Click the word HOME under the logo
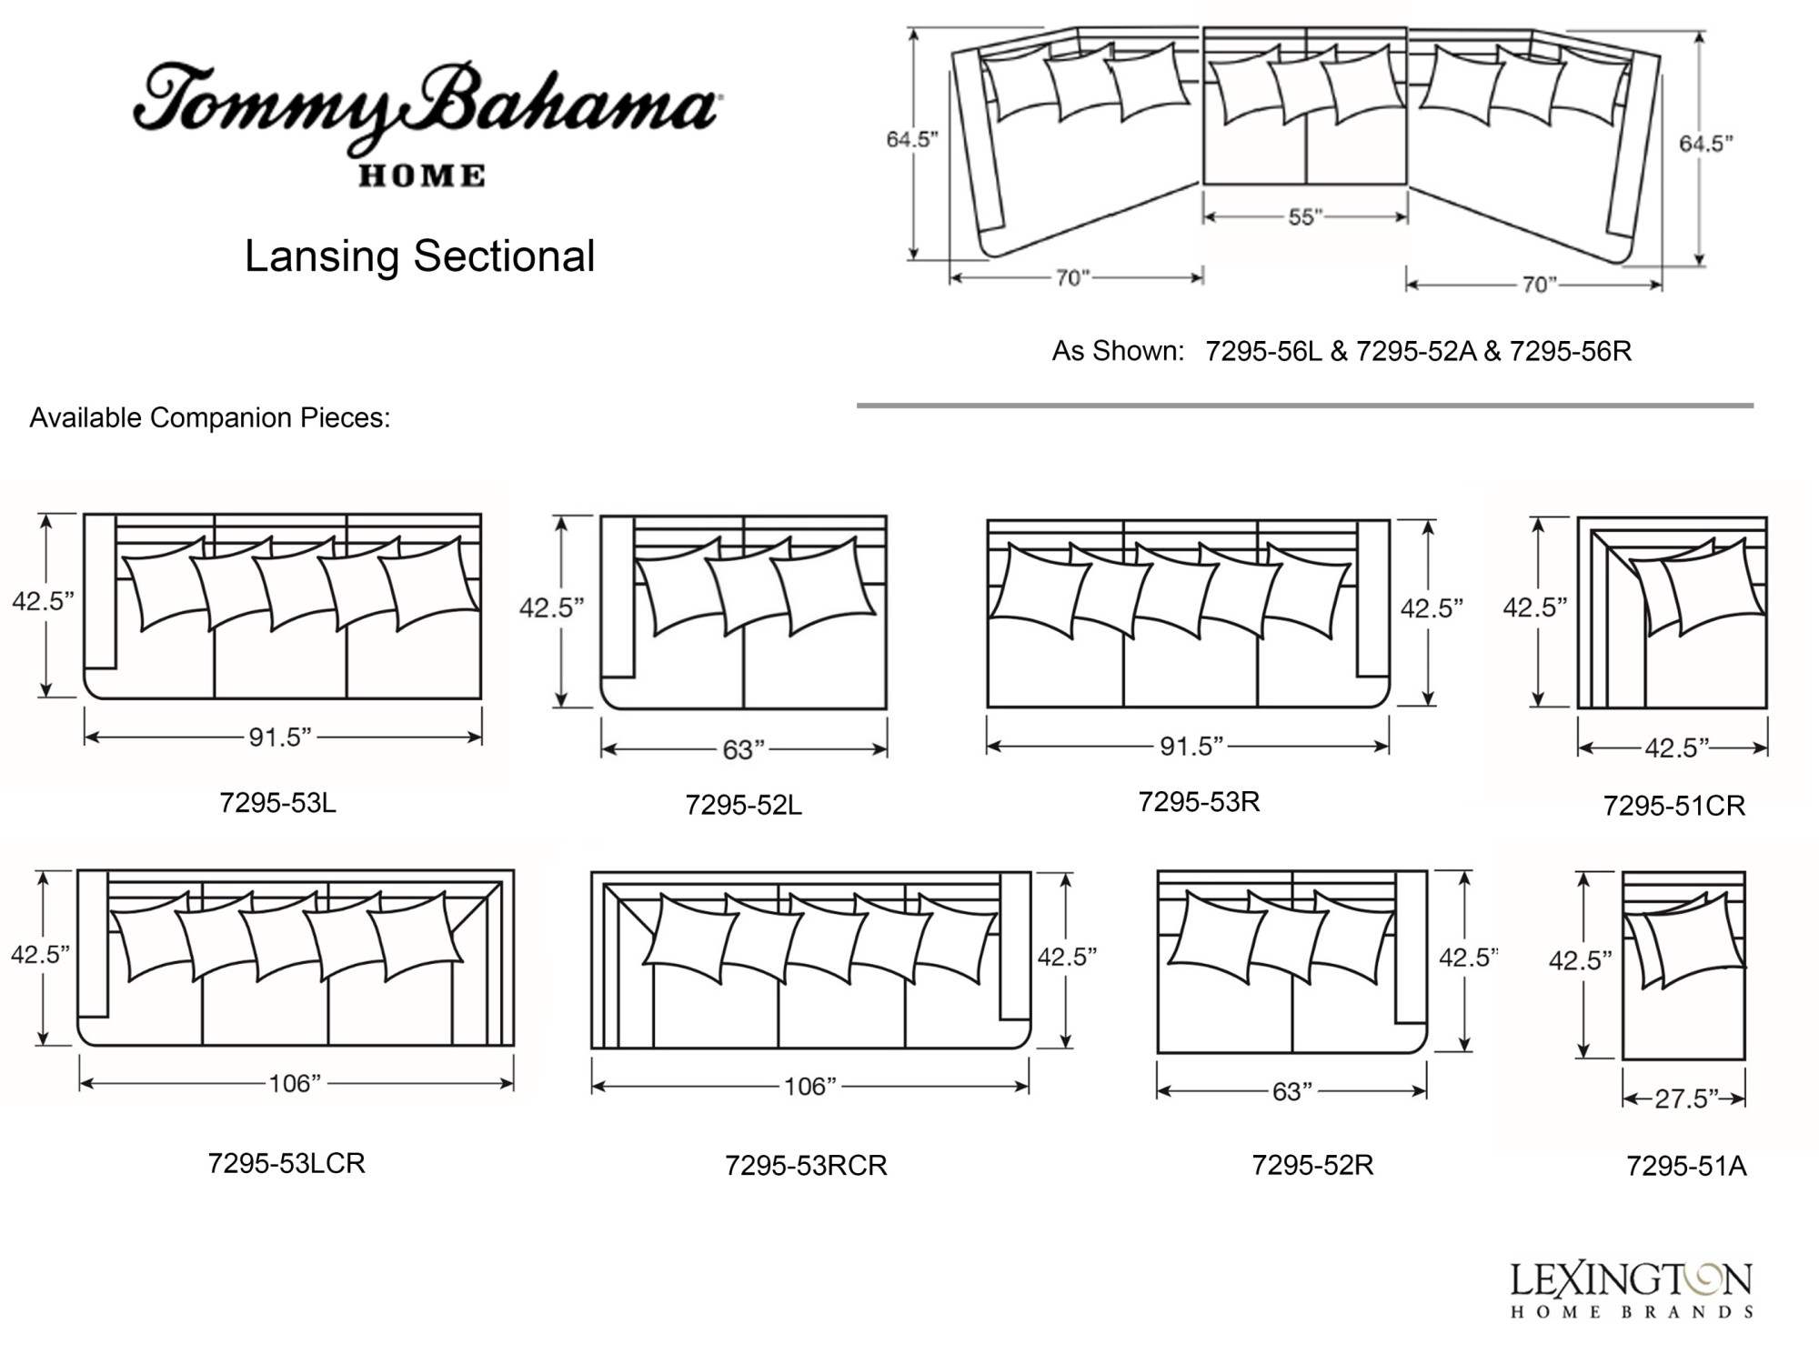pyautogui.click(x=422, y=176)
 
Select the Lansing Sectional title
pyautogui.click(x=419, y=256)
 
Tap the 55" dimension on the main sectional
pyautogui.click(x=1305, y=216)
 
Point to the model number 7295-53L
pyautogui.click(x=277, y=803)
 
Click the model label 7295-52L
pyautogui.click(x=743, y=805)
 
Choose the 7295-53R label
pyautogui.click(x=1199, y=801)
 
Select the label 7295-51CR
pyautogui.click(x=1673, y=806)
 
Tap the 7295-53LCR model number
pyautogui.click(x=286, y=1163)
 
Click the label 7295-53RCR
pyautogui.click(x=806, y=1165)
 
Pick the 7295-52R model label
pyautogui.click(x=1312, y=1165)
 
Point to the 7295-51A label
pyautogui.click(x=1686, y=1166)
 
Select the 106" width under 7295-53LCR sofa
pyautogui.click(x=295, y=1083)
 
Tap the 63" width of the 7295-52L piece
pyautogui.click(x=744, y=749)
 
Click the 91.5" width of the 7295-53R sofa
pyautogui.click(x=1191, y=747)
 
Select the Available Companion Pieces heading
pyautogui.click(x=210, y=417)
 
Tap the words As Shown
pyautogui.click(x=1118, y=351)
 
